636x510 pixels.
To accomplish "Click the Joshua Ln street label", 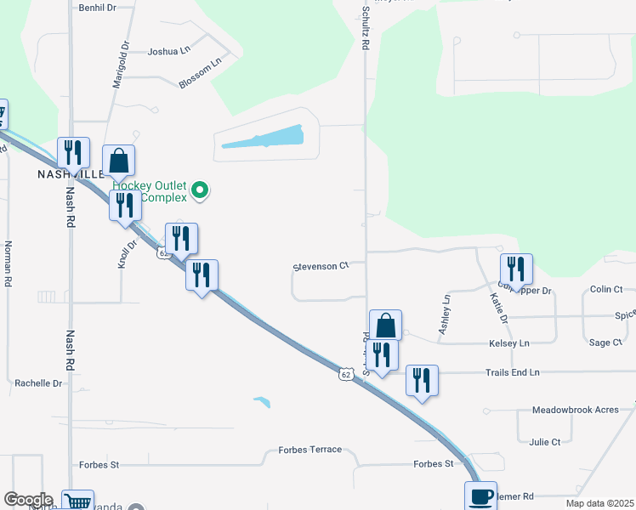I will pos(169,51).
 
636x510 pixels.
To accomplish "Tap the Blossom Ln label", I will pos(200,72).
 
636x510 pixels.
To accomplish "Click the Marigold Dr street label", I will pos(119,66).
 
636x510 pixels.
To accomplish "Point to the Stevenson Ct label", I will pos(321,266).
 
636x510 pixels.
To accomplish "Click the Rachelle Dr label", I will pos(39,383).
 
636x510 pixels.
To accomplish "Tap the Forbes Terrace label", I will pos(310,450).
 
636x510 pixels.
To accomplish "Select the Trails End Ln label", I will pos(513,372).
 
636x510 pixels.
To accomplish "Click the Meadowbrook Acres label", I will pos(576,410).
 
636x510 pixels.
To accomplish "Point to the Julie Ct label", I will pos(544,442).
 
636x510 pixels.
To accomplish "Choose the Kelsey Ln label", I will pos(508,343).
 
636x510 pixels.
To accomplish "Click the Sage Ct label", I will pos(605,343).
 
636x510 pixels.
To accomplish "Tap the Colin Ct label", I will pos(606,290).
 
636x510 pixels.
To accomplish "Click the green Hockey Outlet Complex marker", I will pos(200,190).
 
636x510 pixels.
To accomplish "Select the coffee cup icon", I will pos(480,496).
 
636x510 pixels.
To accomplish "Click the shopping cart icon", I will pos(77,501).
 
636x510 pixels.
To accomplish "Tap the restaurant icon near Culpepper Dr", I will pos(516,269).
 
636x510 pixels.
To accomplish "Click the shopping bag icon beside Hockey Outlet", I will pos(119,160).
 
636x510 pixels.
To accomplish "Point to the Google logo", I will pos(28,500).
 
